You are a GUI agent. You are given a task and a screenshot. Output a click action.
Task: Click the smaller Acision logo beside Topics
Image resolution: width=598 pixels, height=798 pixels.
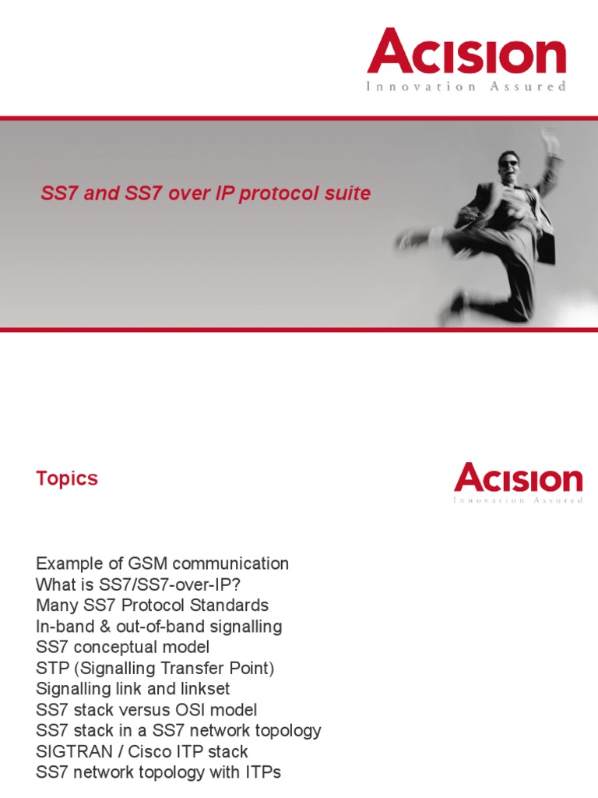coord(518,478)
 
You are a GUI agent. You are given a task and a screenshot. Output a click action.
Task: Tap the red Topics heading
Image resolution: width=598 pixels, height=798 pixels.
coord(67,478)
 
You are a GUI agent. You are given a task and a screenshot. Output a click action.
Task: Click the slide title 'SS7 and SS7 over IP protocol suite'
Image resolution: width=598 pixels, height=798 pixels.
coord(206,193)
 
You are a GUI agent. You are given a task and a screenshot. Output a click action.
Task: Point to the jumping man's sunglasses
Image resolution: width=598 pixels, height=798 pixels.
coord(508,164)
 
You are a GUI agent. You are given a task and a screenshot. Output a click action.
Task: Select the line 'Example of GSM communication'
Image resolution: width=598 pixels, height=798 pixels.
coord(162,563)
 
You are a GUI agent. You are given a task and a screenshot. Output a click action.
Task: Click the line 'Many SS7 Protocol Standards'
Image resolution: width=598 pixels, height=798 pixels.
coord(152,606)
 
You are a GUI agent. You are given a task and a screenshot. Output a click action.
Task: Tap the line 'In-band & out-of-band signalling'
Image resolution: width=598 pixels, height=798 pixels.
coord(159,627)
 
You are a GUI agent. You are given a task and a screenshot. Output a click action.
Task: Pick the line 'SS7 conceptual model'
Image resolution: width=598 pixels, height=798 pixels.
coord(122,648)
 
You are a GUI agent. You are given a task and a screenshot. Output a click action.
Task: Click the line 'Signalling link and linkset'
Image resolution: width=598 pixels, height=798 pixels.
coord(132,689)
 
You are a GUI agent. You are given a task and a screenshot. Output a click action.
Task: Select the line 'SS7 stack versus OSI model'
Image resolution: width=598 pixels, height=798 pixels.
coord(146,710)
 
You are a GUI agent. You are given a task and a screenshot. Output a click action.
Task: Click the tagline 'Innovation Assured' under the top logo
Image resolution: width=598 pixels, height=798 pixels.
coord(466,87)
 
